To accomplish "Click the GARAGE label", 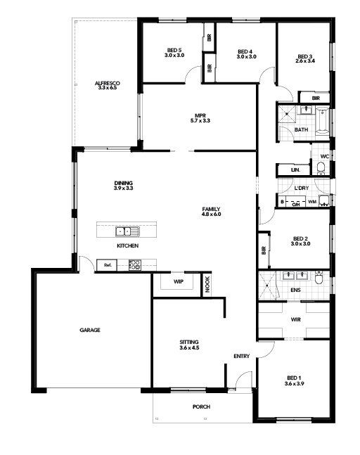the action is tap(90, 330).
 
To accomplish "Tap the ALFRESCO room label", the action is tap(108, 83).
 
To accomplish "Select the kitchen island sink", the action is tap(128, 231).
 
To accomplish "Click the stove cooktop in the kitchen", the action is tap(135, 265).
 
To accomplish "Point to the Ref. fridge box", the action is tap(107, 265).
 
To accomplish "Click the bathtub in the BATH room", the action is tap(322, 121).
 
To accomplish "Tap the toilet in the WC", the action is tap(321, 168).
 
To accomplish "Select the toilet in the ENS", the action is tap(319, 278).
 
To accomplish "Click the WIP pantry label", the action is tap(179, 281).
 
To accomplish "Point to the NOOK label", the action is tap(207, 284).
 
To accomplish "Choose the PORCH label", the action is tap(201, 407).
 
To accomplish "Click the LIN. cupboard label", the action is tap(295, 169).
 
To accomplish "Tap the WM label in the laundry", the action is tap(312, 201).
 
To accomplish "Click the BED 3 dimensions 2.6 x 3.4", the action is tap(305, 61).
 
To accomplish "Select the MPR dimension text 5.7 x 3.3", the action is tap(200, 120).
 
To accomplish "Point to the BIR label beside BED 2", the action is tap(264, 250).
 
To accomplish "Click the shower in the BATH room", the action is tap(287, 115).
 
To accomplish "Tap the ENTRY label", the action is tap(242, 356).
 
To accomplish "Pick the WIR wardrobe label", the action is tap(295, 319).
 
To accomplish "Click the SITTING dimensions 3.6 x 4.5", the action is tap(189, 347).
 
